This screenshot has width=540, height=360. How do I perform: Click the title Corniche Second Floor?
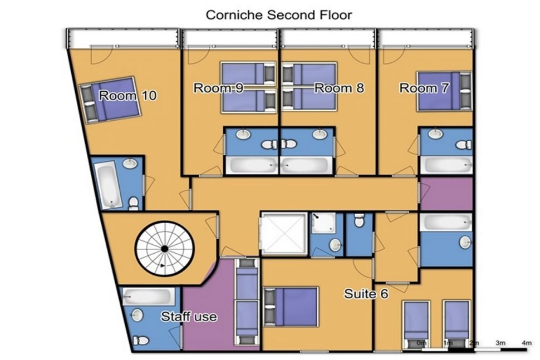coord(278,15)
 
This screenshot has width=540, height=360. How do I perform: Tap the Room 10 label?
coord(127,95)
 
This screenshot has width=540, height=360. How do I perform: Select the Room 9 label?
coord(218,88)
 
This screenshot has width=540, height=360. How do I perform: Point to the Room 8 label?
coord(339,88)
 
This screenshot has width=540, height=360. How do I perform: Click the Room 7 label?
coord(424,88)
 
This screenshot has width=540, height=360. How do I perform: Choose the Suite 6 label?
coord(366,294)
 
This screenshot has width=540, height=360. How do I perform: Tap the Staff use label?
coord(189,317)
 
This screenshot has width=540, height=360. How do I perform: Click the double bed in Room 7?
coord(444,91)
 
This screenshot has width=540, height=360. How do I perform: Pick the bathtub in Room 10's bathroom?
coord(108,186)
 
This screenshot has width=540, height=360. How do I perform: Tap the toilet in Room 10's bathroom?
coord(133,204)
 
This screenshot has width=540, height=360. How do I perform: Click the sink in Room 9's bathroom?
coord(244,134)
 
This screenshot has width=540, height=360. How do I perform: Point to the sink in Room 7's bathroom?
coord(436,133)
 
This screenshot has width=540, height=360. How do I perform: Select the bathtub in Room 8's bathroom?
coord(306,165)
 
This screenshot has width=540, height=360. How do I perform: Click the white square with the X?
coord(284,234)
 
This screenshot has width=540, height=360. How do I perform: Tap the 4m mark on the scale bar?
coord(527,343)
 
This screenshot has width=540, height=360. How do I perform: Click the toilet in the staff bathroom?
coord(140,341)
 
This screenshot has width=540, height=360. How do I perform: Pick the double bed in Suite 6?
coord(291,307)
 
